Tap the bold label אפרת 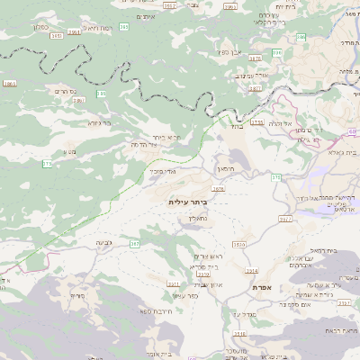[264, 287]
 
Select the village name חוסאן [224, 169]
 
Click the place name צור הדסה [145, 144]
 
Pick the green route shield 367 [133, 243]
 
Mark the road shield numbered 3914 [252, 270]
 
